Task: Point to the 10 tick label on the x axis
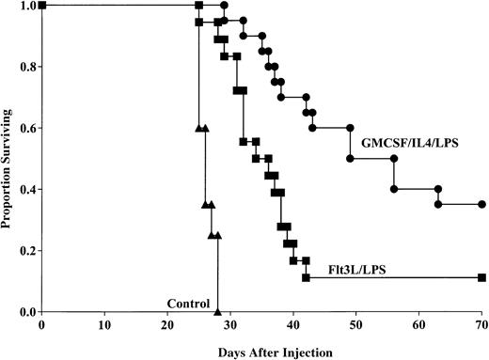[104, 325]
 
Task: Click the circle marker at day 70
[481, 204]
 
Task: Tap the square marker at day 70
[481, 277]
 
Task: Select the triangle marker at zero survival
[217, 311]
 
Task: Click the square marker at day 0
[41, 6]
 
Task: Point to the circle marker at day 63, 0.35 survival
[438, 204]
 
